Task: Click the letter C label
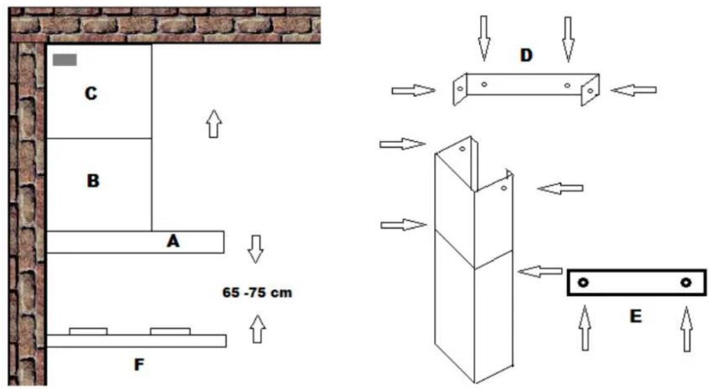click(x=91, y=94)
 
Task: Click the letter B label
click(x=93, y=181)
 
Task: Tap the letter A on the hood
click(x=173, y=241)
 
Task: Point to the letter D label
click(x=526, y=55)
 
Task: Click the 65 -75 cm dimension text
click(x=256, y=292)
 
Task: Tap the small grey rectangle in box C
click(x=65, y=60)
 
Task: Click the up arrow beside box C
click(x=214, y=123)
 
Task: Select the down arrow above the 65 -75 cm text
click(x=255, y=249)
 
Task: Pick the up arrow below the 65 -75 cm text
click(x=256, y=328)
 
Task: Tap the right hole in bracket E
click(x=686, y=283)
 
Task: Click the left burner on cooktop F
click(x=88, y=331)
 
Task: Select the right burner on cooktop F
click(x=170, y=331)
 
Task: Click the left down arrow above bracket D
click(x=484, y=38)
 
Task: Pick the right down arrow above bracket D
click(x=568, y=38)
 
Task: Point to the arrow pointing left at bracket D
click(x=633, y=91)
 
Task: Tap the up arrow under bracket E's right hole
click(x=686, y=328)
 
